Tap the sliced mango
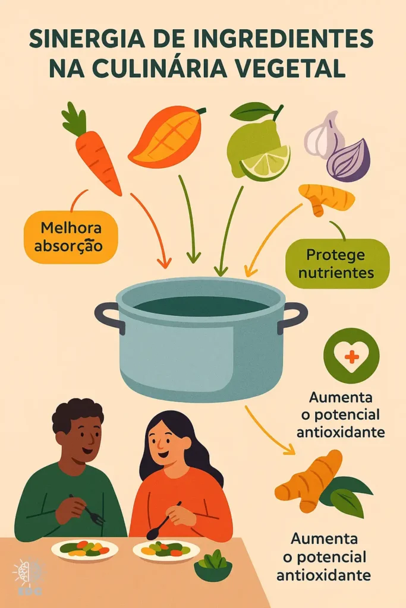tap(163, 138)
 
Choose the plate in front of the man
tap(85, 549)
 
